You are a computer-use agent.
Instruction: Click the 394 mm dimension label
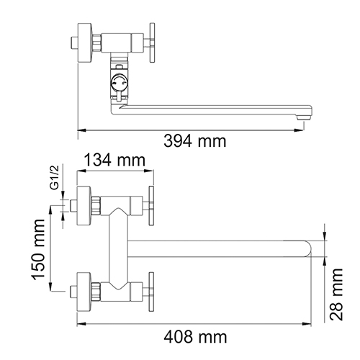[195, 141]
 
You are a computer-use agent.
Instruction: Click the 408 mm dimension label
[195, 337]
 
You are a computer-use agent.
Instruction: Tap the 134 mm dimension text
[114, 160]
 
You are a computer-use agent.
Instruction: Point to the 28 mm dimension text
[336, 294]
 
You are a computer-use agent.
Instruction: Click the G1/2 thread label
[55, 178]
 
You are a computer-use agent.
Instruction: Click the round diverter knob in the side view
[118, 83]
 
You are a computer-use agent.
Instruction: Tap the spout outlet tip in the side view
[304, 117]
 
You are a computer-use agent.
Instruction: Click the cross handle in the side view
[152, 42]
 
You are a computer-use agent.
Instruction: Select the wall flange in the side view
[84, 43]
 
